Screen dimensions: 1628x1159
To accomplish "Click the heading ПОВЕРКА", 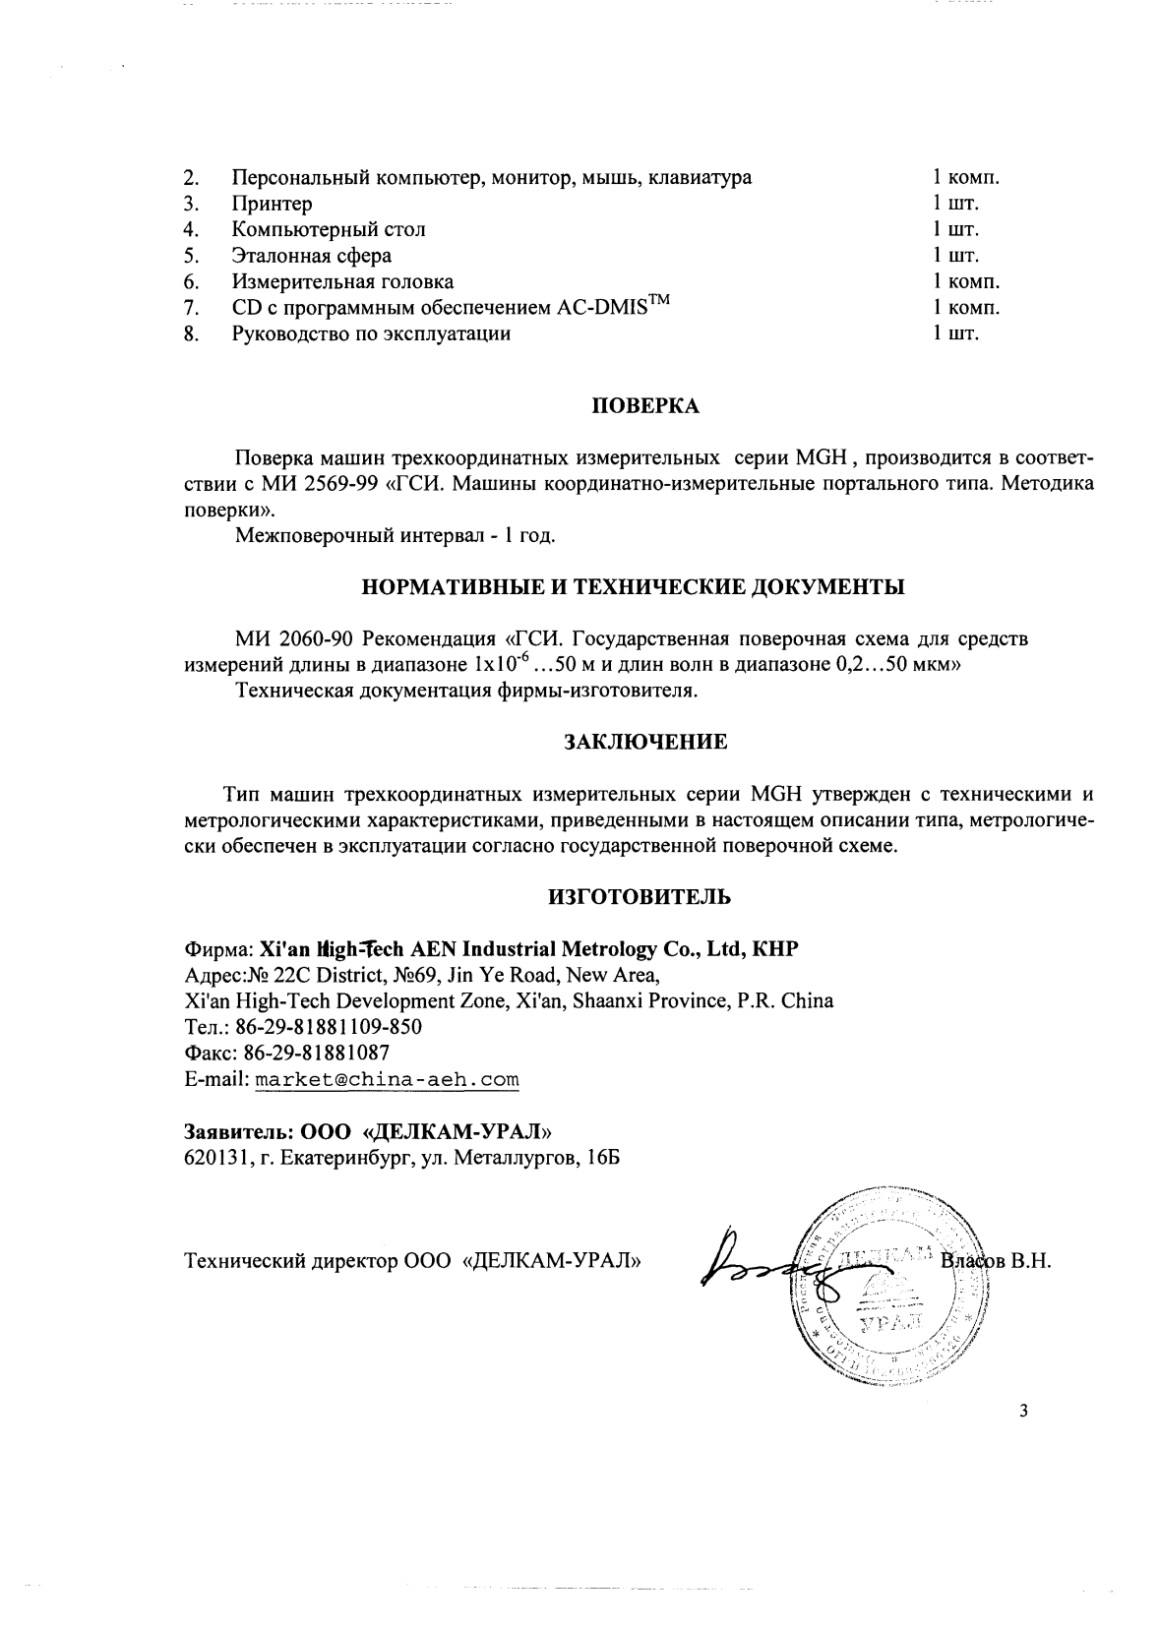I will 644,407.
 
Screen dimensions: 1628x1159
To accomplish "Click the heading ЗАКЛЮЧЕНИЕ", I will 644,743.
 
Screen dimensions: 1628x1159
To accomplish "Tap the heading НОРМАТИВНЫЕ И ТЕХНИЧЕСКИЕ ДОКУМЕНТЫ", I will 635,588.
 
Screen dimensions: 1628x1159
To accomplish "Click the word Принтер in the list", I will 273,205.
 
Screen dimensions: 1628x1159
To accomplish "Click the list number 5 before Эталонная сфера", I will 192,256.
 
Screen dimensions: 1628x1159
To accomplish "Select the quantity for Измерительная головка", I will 966,282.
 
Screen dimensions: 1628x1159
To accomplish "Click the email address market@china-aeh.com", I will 387,1080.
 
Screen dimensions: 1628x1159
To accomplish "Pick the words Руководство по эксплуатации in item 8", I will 371,333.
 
